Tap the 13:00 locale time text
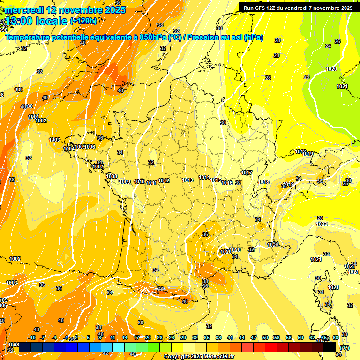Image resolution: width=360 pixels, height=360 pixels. coord(37,21)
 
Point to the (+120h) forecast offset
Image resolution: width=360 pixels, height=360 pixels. coord(83,21)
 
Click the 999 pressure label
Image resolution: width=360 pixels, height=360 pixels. coord(19,90)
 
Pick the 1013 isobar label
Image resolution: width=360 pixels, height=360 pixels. coord(188,180)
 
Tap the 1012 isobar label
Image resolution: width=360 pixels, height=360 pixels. coord(164,180)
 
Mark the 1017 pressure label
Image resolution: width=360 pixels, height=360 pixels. coord(247,173)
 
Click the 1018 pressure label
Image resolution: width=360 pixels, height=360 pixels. coord(263,182)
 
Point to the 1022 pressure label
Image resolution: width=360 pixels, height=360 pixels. coord(322,224)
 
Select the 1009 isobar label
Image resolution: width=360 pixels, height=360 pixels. coord(125,182)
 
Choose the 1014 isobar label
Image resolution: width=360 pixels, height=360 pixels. coord(204,177)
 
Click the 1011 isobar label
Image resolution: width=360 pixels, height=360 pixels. coord(151,183)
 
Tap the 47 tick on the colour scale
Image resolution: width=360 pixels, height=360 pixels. coord(254,337)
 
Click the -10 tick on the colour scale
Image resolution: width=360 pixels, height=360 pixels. coord(32,337)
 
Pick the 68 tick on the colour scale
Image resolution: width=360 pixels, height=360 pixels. coord(336,337)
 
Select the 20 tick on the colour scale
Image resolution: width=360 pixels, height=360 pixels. coord(148,337)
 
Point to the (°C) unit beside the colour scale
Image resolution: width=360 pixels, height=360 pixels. coord(345,347)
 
